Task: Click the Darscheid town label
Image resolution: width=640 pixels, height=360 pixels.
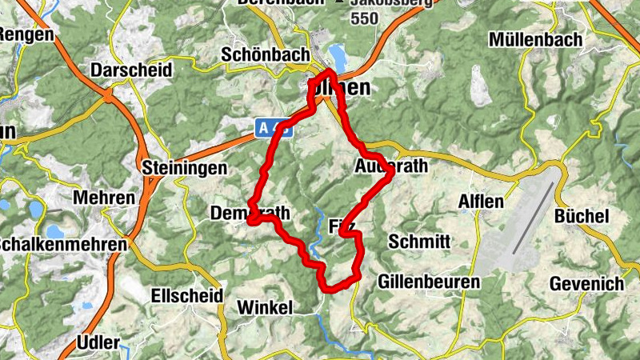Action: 132,70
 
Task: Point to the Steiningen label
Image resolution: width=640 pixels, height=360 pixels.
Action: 183,168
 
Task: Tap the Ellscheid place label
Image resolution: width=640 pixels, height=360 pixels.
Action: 186,295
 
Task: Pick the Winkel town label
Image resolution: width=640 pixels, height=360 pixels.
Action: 266,308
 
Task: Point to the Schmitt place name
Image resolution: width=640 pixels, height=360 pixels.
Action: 419,242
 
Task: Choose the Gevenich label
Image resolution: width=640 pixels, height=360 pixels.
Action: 587,284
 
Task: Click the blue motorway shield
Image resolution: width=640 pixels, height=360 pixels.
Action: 275,126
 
